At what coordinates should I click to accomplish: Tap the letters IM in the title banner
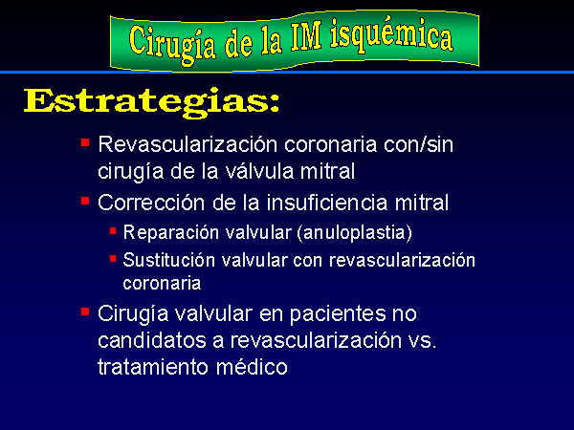click(x=307, y=36)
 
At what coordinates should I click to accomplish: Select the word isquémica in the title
click(x=392, y=36)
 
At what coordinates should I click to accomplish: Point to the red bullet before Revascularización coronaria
click(x=85, y=142)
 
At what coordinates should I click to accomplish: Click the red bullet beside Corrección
click(x=85, y=201)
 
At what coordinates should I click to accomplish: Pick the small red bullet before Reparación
click(x=113, y=231)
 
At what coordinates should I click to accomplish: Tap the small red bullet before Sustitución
click(x=113, y=259)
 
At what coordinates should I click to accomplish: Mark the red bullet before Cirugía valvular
click(x=85, y=312)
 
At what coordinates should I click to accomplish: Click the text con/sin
click(x=418, y=144)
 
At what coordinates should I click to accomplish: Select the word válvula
click(x=259, y=171)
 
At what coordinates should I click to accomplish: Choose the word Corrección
click(x=151, y=203)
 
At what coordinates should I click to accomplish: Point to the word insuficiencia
click(x=327, y=203)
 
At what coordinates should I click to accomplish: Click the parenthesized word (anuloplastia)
click(x=354, y=233)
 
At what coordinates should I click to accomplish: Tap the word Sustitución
click(x=169, y=260)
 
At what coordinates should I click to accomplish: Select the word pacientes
click(x=338, y=314)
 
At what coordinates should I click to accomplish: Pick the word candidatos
click(x=152, y=340)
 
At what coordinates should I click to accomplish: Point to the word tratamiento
click(x=153, y=367)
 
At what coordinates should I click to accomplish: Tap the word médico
click(x=252, y=367)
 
